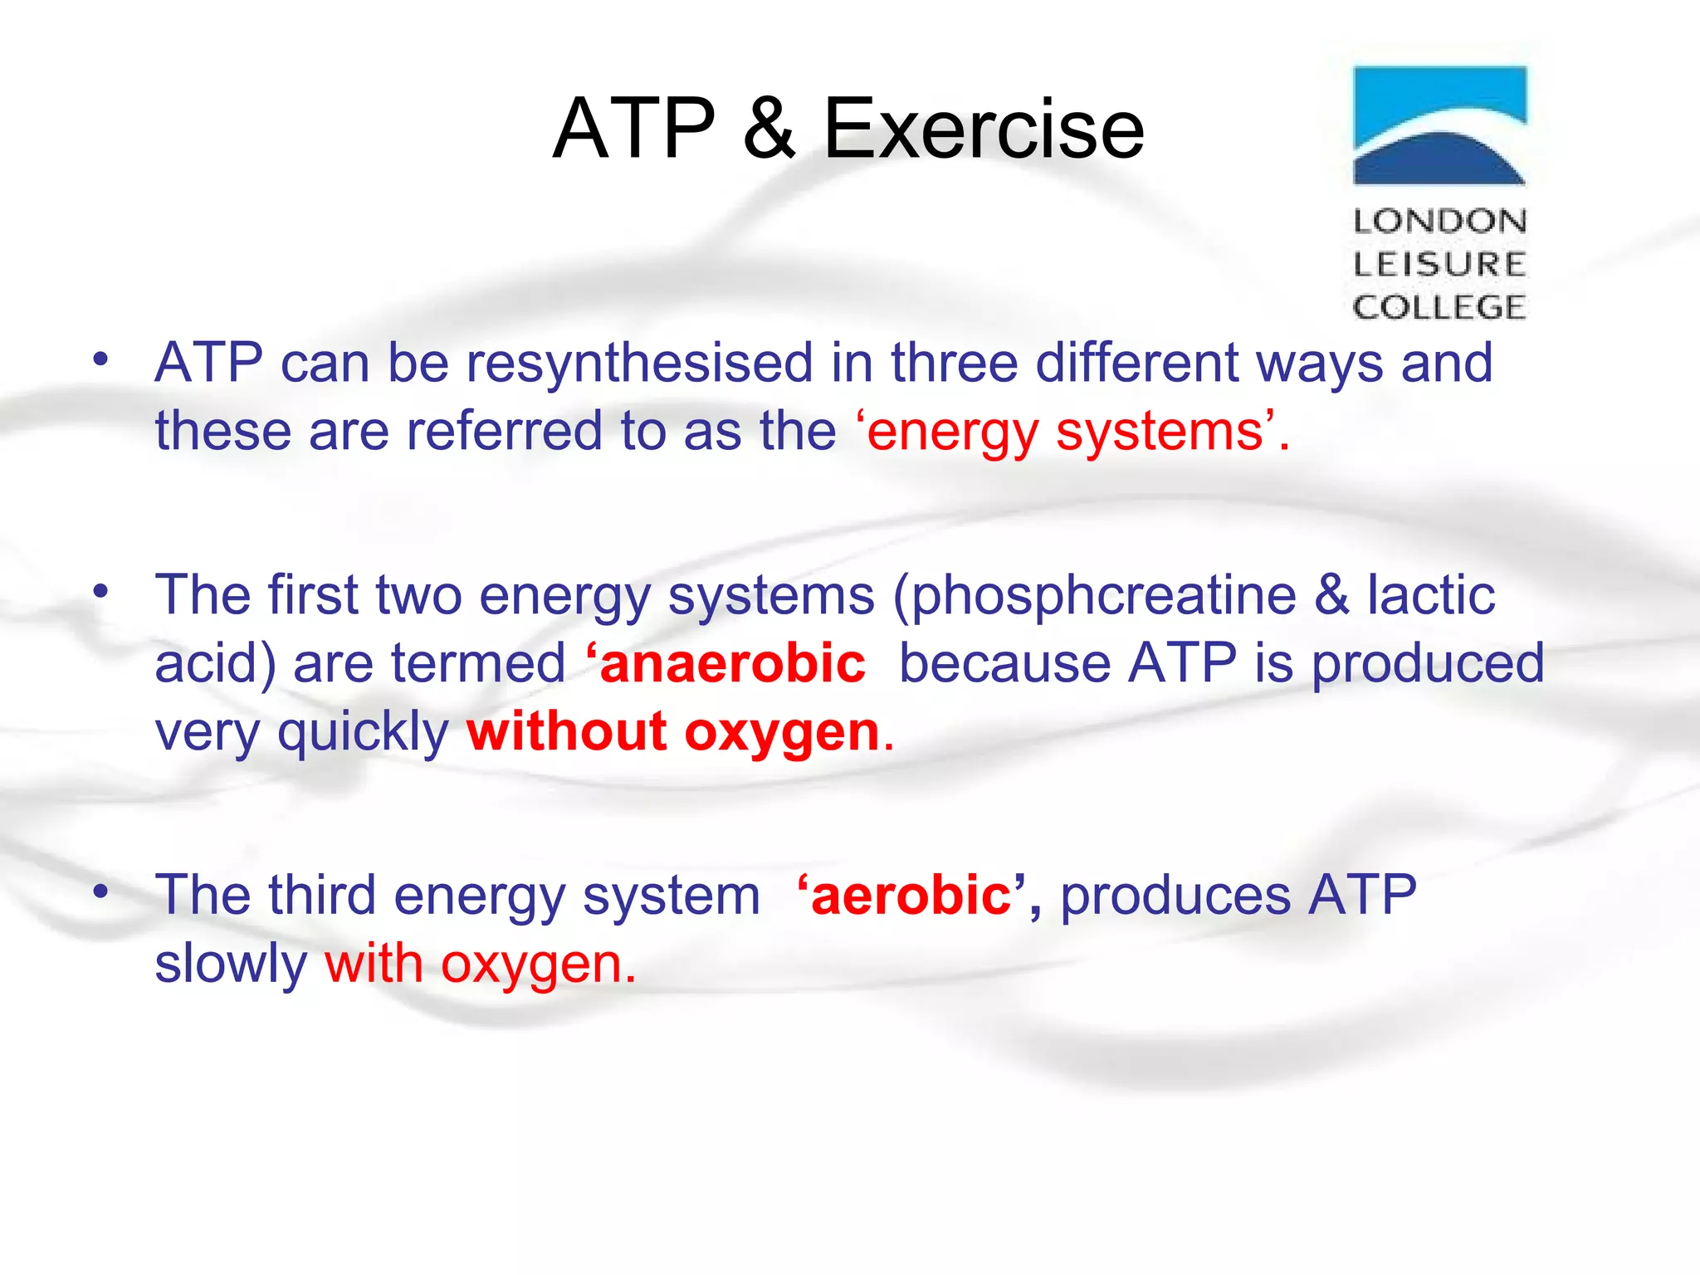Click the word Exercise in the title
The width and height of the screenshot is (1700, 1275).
[984, 129]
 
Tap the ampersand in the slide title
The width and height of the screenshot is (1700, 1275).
[769, 129]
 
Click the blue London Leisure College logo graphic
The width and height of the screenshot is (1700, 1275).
[1439, 125]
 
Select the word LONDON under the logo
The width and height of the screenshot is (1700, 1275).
[1439, 222]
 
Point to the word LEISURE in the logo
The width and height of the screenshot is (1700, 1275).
[1439, 265]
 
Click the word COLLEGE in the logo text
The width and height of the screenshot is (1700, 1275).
[1439, 308]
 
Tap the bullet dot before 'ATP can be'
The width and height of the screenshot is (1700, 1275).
[100, 359]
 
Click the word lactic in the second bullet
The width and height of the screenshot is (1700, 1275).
[1431, 595]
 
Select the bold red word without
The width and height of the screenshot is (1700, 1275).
[567, 732]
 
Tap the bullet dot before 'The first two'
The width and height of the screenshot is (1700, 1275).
[100, 592]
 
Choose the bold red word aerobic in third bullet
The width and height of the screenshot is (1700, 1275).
[911, 896]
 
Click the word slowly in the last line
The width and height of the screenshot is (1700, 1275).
[231, 965]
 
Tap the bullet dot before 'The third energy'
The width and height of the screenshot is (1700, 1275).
[100, 892]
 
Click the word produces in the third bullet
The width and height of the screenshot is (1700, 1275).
[1175, 897]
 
